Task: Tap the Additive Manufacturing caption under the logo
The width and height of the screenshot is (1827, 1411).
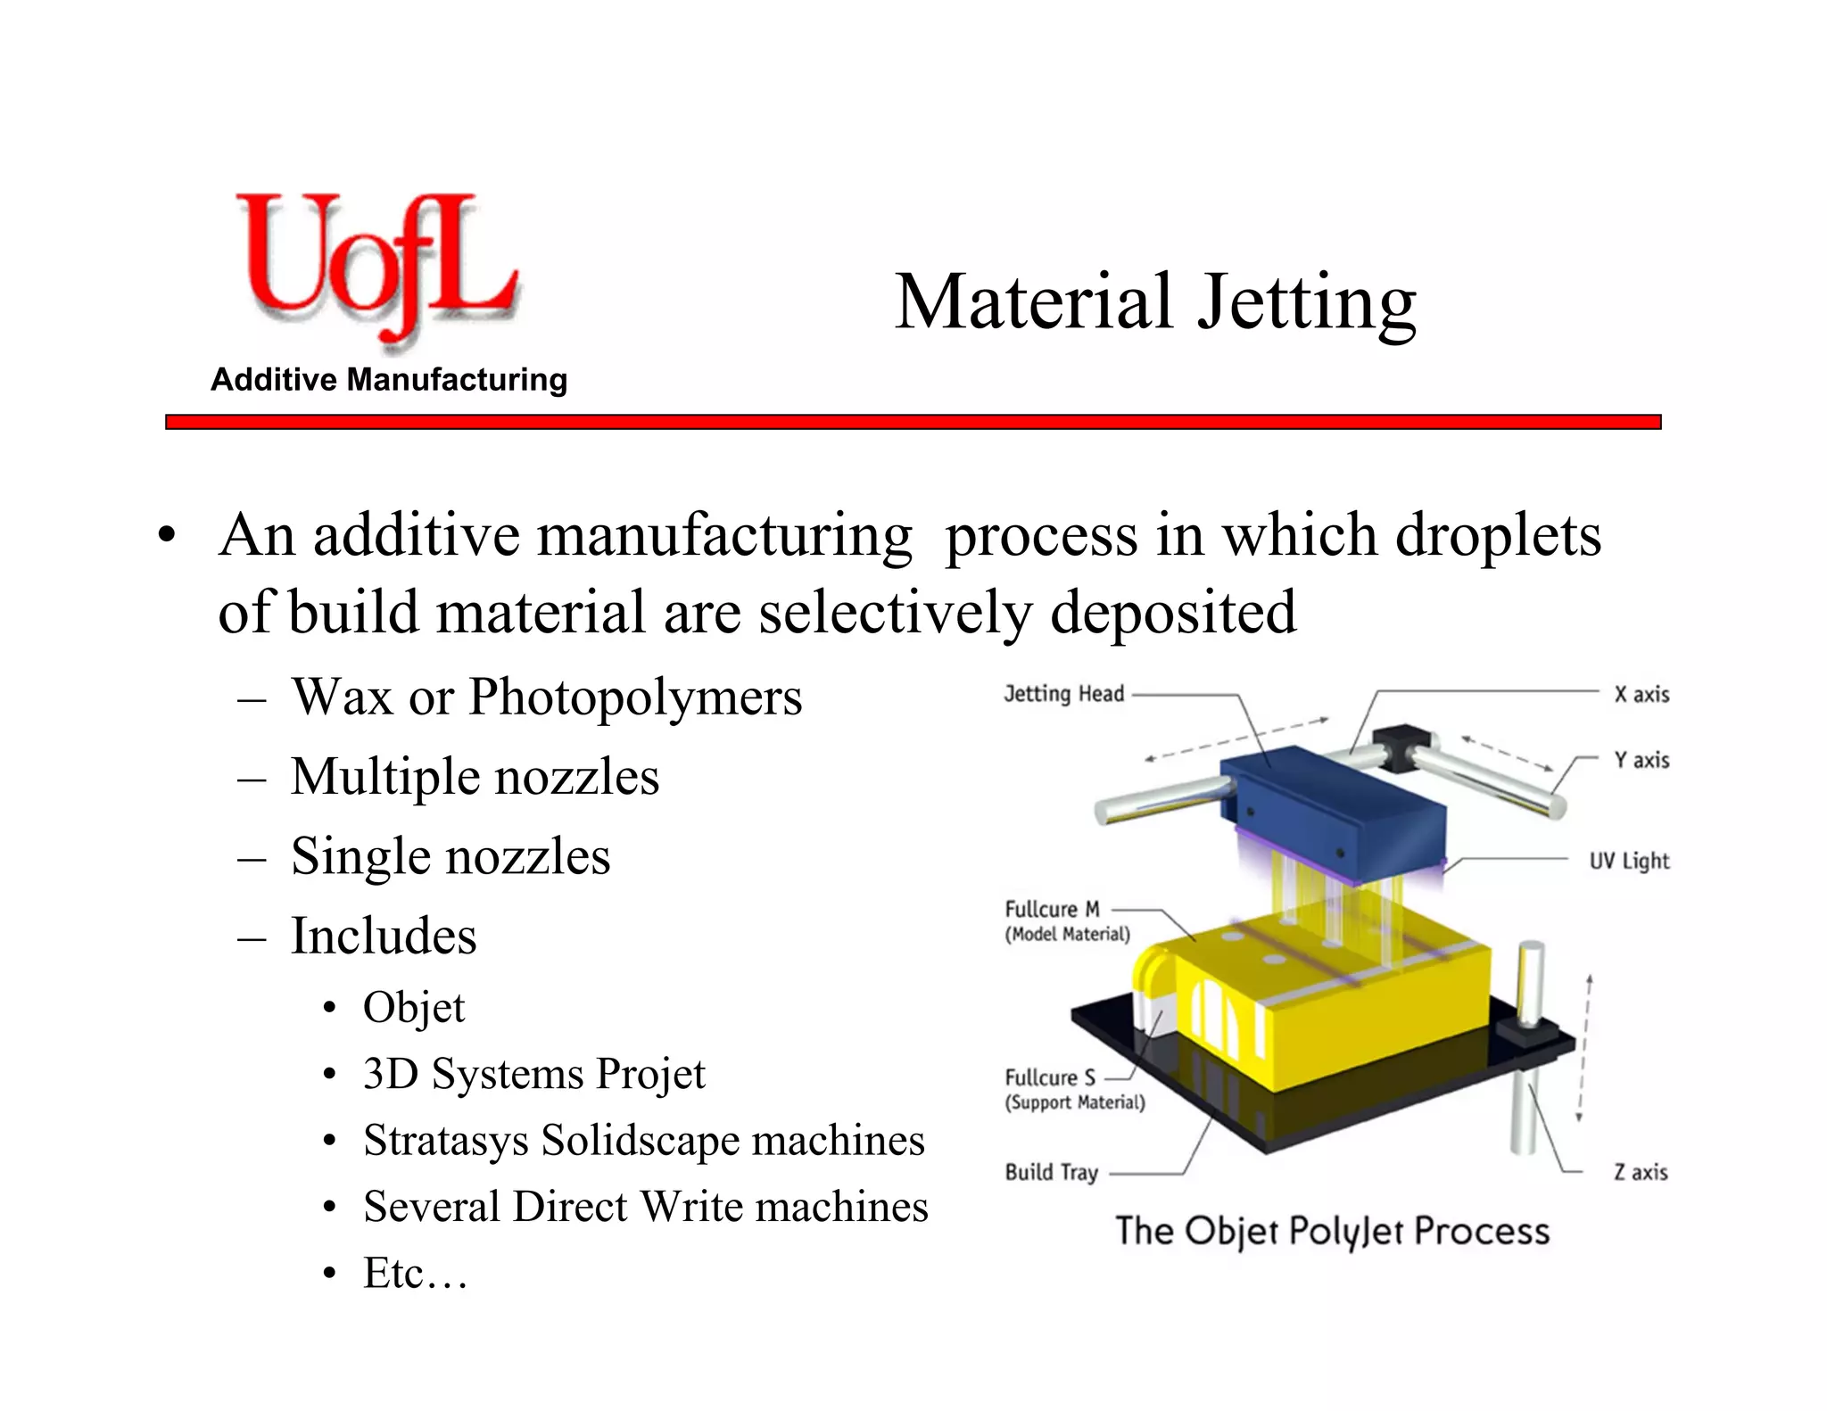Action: tap(389, 380)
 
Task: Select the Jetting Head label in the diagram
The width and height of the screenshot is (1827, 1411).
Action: tap(1063, 694)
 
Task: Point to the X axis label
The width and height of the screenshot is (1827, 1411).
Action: tap(1641, 694)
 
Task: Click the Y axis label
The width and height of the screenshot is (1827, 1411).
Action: tap(1641, 760)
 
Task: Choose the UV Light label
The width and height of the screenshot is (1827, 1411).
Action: tap(1628, 861)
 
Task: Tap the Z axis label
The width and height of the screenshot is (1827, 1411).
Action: tap(1640, 1172)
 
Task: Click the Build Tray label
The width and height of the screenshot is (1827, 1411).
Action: tap(1051, 1172)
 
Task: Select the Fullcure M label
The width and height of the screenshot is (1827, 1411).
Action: tap(1052, 909)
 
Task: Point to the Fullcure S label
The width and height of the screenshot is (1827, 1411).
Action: tap(1049, 1077)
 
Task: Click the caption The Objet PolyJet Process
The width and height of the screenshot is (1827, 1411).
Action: tap(1332, 1231)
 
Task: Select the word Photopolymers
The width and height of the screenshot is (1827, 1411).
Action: tap(635, 697)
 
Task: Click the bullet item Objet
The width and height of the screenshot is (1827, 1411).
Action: tap(414, 1008)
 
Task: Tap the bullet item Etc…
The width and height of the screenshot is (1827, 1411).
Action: tap(415, 1273)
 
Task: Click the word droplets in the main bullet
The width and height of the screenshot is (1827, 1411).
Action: tap(1498, 536)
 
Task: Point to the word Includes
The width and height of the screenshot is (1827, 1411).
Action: tap(384, 936)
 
